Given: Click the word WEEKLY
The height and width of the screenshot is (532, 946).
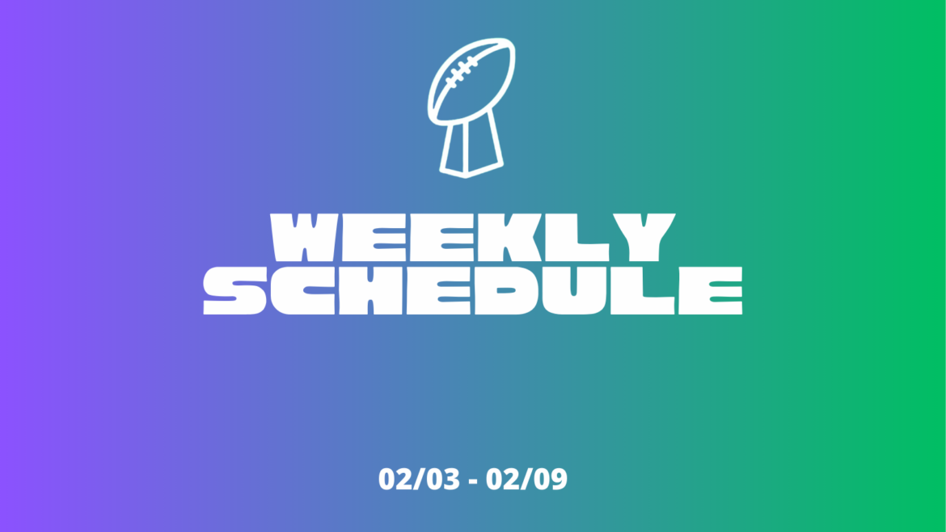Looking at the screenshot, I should tap(473, 238).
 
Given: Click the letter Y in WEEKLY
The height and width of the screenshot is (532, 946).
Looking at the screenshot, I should tap(639, 238).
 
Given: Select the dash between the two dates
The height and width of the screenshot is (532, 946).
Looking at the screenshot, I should tap(473, 481).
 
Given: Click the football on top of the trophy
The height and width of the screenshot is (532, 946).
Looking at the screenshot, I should tap(471, 81).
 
